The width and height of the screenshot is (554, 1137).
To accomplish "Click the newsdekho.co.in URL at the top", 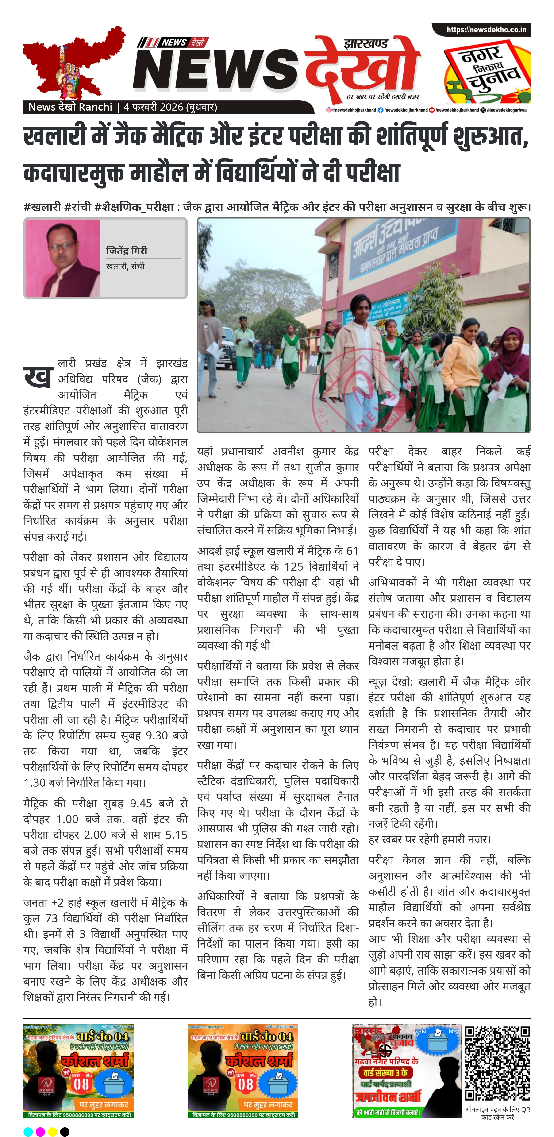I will pos(486,30).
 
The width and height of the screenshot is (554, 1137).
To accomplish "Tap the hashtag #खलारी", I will pos(42,207).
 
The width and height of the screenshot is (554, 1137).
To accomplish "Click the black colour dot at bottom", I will pos(65,1128).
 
